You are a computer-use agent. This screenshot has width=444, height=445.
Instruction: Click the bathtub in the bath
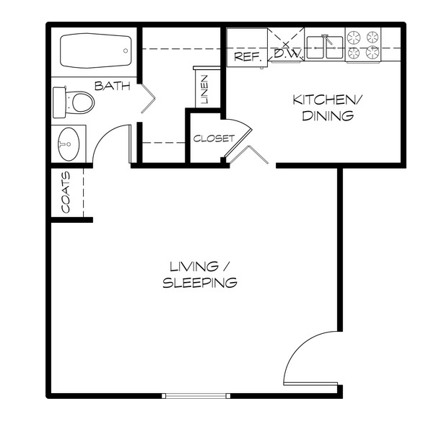point(96,50)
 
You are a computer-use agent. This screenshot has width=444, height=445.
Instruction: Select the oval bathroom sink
point(69,144)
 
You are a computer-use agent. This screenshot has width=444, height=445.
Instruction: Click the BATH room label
point(112,86)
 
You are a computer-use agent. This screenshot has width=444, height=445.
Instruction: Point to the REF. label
point(247,57)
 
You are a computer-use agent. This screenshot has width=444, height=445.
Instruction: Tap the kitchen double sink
point(325,47)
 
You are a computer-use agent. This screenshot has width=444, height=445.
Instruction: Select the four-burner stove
point(363,45)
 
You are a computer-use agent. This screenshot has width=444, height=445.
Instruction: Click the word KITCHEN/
point(327,100)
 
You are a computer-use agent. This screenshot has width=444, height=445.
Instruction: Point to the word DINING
point(328,116)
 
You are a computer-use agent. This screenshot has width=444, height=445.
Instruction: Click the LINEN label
point(204,89)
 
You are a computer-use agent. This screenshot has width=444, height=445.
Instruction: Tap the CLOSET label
point(214,138)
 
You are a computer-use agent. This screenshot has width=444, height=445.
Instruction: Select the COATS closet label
point(66,192)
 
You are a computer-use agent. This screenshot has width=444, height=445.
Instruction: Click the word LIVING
point(194,267)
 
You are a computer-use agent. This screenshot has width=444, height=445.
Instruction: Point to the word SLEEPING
point(200,283)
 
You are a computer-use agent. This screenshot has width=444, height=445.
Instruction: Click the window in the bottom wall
point(196,396)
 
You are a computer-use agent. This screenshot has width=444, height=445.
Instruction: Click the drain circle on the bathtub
point(126,50)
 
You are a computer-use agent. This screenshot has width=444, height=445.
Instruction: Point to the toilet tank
point(59,102)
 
